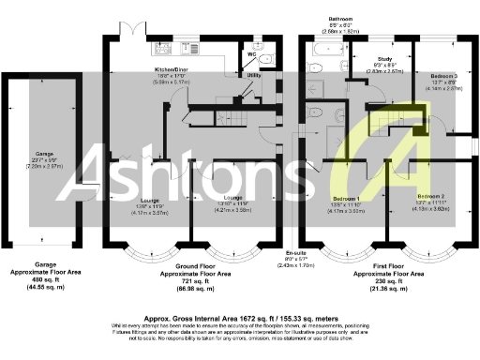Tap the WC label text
(x=252, y=54)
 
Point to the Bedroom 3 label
(x=443, y=75)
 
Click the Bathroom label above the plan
(x=339, y=18)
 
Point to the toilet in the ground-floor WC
(x=266, y=60)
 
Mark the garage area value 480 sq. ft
(x=42, y=280)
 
